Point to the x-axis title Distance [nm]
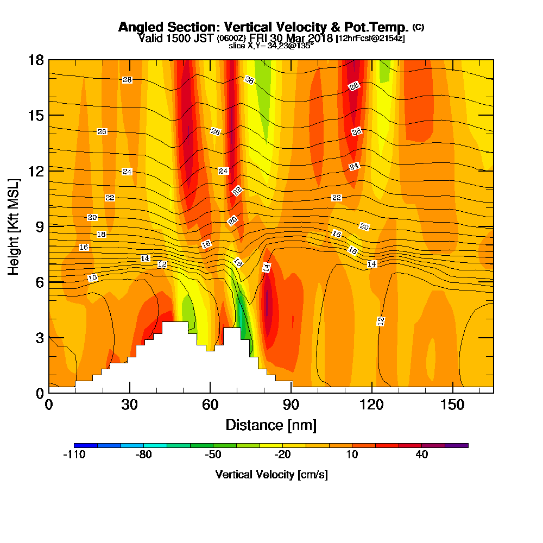pyautogui.click(x=271, y=425)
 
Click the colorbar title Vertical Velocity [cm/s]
pyautogui.click(x=271, y=475)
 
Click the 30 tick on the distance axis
pyautogui.click(x=129, y=405)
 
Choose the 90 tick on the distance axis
pyautogui.click(x=291, y=405)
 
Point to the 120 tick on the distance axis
pyautogui.click(x=372, y=405)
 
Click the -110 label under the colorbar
pyautogui.click(x=74, y=455)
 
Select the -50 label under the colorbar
pyautogui.click(x=212, y=455)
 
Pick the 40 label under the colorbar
pyautogui.click(x=422, y=455)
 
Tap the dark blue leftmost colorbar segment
pyautogui.click(x=86, y=445)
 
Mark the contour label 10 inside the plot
pyautogui.click(x=92, y=278)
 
